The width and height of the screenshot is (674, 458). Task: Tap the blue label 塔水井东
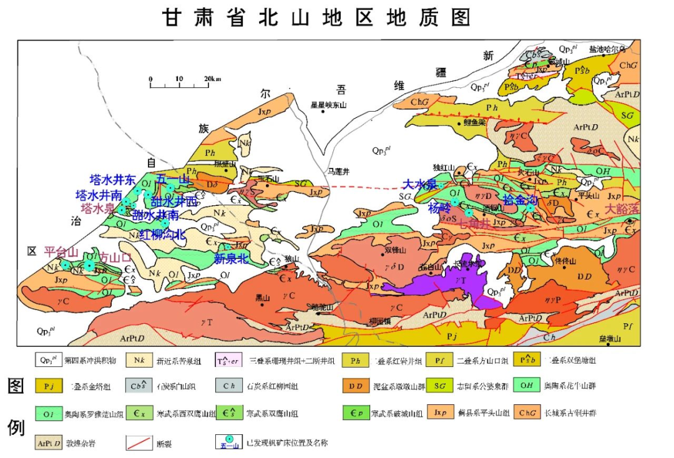(113, 180)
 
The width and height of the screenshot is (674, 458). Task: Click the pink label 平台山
(61, 252)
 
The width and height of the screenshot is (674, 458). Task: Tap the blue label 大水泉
(419, 184)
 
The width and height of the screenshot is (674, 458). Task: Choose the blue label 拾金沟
(520, 200)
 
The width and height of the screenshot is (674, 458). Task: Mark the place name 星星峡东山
(328, 105)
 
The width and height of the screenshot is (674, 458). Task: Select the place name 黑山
(262, 298)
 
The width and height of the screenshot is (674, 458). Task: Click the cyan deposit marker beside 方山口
(90, 266)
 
